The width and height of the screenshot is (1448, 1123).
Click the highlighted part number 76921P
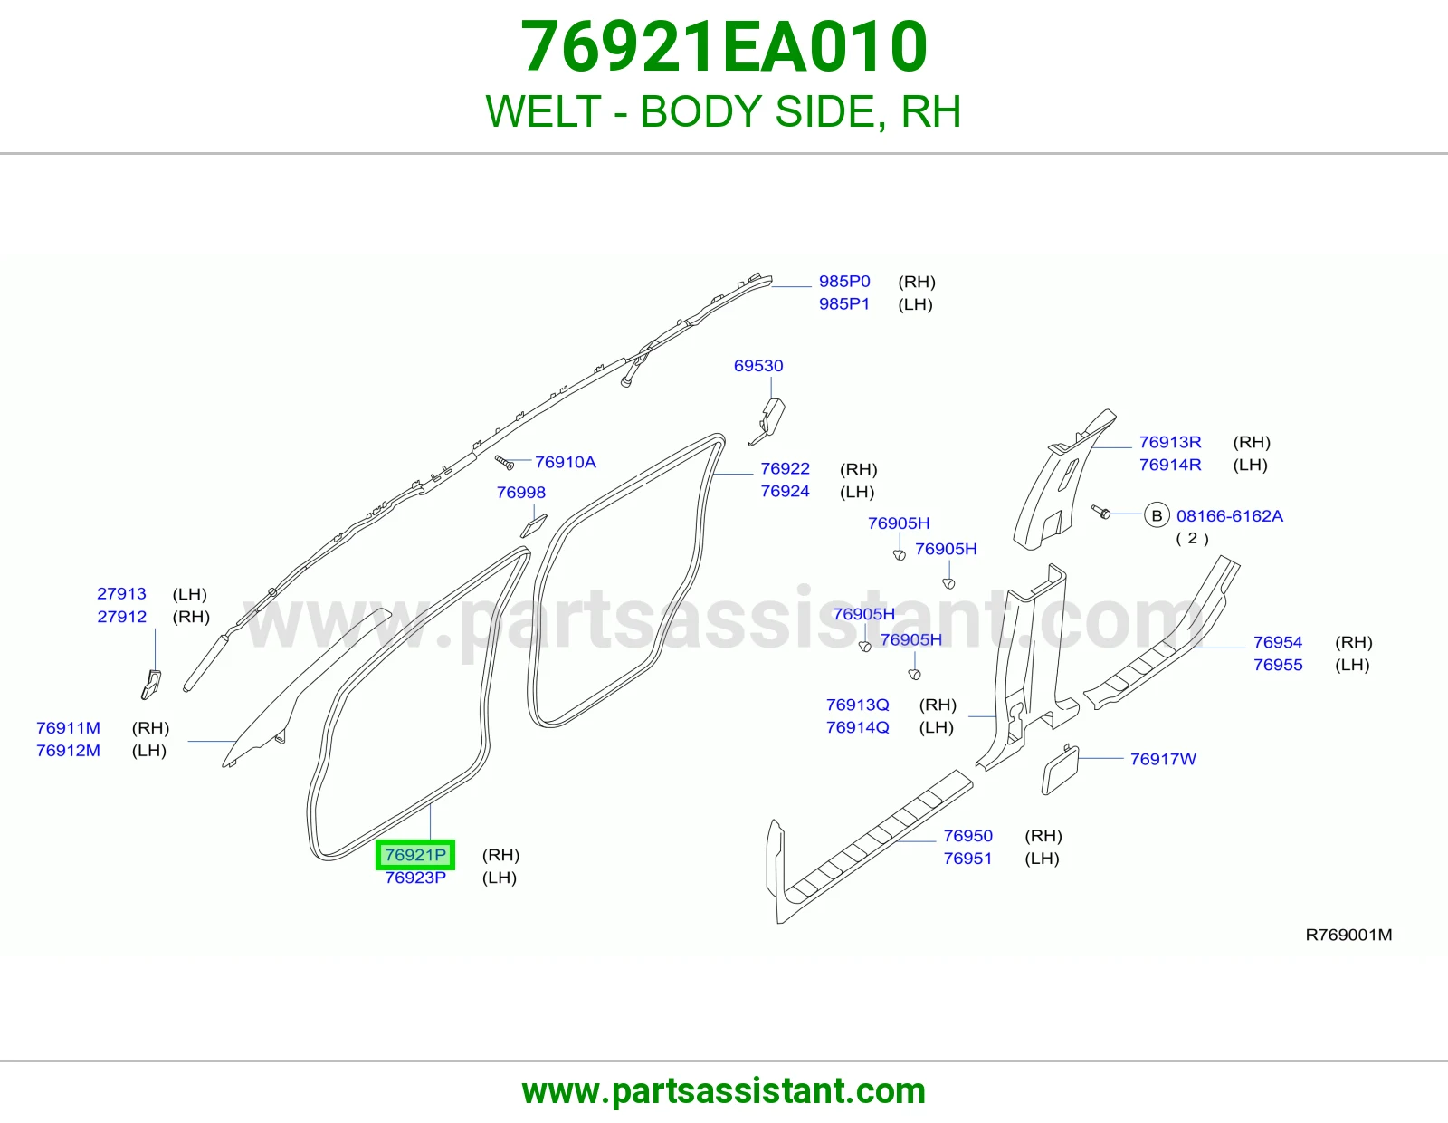pyautogui.click(x=415, y=854)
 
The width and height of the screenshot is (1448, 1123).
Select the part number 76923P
pyautogui.click(x=415, y=878)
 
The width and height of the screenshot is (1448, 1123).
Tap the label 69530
pyautogui.click(x=758, y=366)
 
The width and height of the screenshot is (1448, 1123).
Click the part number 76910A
pyautogui.click(x=565, y=462)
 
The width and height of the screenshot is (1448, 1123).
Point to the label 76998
pyautogui.click(x=521, y=492)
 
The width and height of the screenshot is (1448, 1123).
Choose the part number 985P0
pyautogui.click(x=844, y=282)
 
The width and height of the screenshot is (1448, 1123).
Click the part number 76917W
pyautogui.click(x=1163, y=759)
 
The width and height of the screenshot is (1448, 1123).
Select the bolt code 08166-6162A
pyautogui.click(x=1229, y=515)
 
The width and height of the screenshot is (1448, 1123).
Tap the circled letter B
pyautogui.click(x=1157, y=515)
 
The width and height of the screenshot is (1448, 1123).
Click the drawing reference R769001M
pyautogui.click(x=1348, y=935)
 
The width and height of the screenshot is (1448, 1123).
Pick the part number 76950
pyautogui.click(x=967, y=836)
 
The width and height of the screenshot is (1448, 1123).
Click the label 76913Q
pyautogui.click(x=858, y=705)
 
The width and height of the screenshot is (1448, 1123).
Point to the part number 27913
pyautogui.click(x=121, y=593)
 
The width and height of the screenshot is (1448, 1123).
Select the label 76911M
pyautogui.click(x=68, y=727)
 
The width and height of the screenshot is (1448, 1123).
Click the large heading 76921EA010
pyautogui.click(x=724, y=46)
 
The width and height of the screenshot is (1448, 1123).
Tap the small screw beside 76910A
pyautogui.click(x=504, y=462)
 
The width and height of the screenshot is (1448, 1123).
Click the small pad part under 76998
pyautogui.click(x=533, y=525)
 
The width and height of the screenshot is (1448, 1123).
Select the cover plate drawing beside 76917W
pyautogui.click(x=1060, y=770)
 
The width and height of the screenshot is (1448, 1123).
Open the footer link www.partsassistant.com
pyautogui.click(x=724, y=1091)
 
